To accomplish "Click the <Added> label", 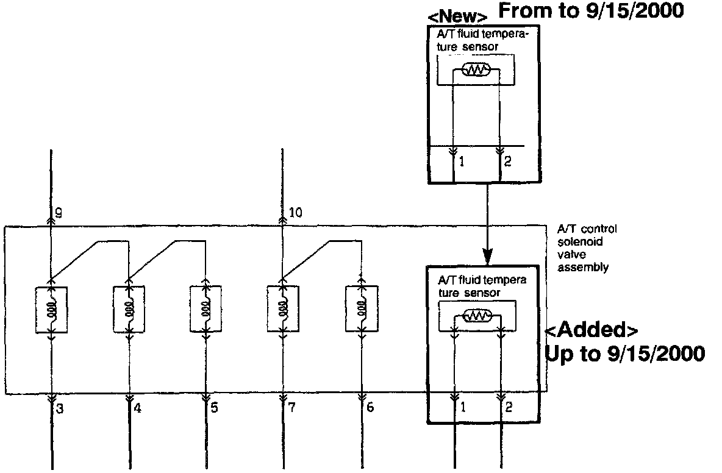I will click(x=592, y=330).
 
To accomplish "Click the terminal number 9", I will click(x=59, y=213).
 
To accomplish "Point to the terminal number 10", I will click(x=296, y=213).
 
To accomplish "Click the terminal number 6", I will click(x=370, y=407).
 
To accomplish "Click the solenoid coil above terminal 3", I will click(x=51, y=309).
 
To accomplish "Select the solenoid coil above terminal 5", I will click(x=206, y=309).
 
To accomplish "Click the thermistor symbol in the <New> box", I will click(x=476, y=70).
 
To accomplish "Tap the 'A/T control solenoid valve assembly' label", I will click(x=587, y=247).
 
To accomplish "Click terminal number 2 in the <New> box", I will click(x=507, y=162).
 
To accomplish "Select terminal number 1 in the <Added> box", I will click(x=463, y=407).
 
